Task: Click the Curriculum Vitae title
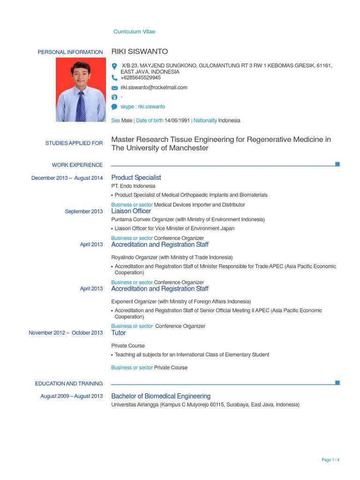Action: pyautogui.click(x=134, y=31)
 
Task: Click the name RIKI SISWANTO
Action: pyautogui.click(x=139, y=52)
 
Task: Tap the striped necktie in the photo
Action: pyautogui.click(x=81, y=106)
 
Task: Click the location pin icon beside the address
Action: pyautogui.click(x=114, y=66)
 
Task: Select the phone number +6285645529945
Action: pyautogui.click(x=141, y=78)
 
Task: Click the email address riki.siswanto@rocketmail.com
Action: pyautogui.click(x=154, y=87)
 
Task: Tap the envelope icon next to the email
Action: pyautogui.click(x=114, y=88)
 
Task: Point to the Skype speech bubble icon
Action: pyautogui.click(x=114, y=107)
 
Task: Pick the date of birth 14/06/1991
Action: pyautogui.click(x=177, y=120)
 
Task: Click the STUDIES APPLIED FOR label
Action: pyautogui.click(x=74, y=143)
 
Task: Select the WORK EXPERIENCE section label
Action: pyautogui.click(x=77, y=165)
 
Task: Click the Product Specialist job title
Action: pyautogui.click(x=136, y=178)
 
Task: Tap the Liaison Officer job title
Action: pyautogui.click(x=131, y=211)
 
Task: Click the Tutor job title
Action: pyautogui.click(x=119, y=333)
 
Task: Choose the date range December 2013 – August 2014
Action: pyautogui.click(x=67, y=178)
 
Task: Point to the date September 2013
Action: pyautogui.click(x=84, y=211)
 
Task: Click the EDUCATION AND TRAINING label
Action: pyautogui.click(x=69, y=383)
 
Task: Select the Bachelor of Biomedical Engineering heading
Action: pyautogui.click(x=161, y=396)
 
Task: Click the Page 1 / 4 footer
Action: pyautogui.click(x=330, y=460)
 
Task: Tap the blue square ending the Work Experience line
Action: pyautogui.click(x=337, y=164)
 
